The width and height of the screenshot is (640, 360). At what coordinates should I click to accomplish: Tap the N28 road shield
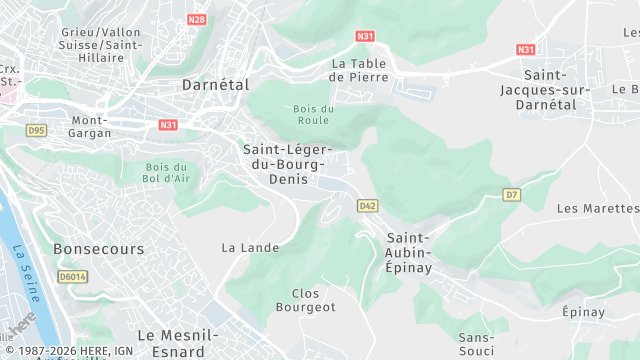[x=197, y=19]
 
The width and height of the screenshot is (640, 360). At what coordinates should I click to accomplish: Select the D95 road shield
[x=37, y=130]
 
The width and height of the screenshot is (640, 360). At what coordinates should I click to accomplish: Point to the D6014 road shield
[x=71, y=276]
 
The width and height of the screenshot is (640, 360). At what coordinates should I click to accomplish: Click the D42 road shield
[x=368, y=205]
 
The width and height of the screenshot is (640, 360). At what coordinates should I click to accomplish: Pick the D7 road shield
[x=512, y=194]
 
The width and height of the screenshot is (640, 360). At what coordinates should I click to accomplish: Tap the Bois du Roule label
[x=313, y=115]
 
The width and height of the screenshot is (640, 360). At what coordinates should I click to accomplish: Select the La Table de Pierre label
[x=358, y=69]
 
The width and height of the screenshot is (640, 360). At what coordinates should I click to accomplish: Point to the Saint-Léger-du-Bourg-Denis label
[x=284, y=164]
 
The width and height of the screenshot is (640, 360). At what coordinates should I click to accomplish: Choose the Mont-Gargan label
[x=90, y=126]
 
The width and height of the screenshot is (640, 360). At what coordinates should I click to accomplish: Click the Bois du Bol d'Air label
[x=167, y=172]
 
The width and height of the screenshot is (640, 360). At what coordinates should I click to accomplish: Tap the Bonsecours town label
[x=98, y=248]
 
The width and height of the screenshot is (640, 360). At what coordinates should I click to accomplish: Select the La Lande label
[x=250, y=247]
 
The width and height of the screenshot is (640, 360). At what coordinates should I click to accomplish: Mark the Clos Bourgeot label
[x=313, y=300]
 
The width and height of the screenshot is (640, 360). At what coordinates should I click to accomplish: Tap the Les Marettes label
[x=596, y=209]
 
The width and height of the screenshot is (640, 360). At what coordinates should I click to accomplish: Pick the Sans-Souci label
[x=476, y=344]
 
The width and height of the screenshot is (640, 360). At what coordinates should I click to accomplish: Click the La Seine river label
[x=27, y=268]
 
